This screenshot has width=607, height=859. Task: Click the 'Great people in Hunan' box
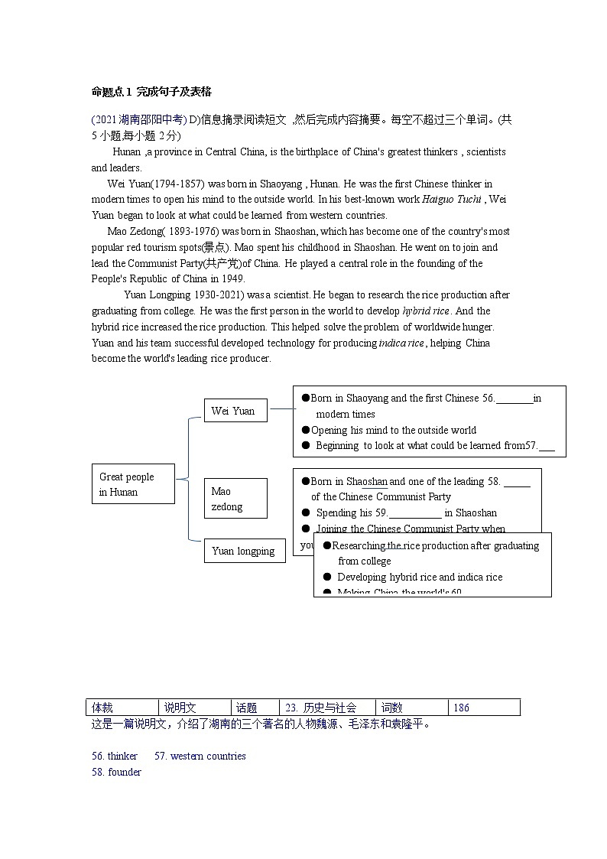pos(132,484)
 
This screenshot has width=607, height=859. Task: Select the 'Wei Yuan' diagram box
pos(234,411)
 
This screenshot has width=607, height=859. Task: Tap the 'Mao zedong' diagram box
pos(235,499)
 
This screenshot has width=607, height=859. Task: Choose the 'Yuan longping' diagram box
pos(243,551)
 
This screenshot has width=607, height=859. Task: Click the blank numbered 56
pos(514,399)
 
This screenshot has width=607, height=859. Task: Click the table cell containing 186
pos(485,708)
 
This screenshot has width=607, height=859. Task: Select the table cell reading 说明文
pos(195,708)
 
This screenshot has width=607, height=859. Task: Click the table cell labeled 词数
pos(411,708)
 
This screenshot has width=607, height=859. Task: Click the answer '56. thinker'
pos(115,756)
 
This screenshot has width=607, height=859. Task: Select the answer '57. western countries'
pos(200,756)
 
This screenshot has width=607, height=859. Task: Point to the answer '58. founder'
pos(116,772)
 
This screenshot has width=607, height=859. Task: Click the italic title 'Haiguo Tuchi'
pos(455,200)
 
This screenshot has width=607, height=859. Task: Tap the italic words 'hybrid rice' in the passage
pos(427,311)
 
